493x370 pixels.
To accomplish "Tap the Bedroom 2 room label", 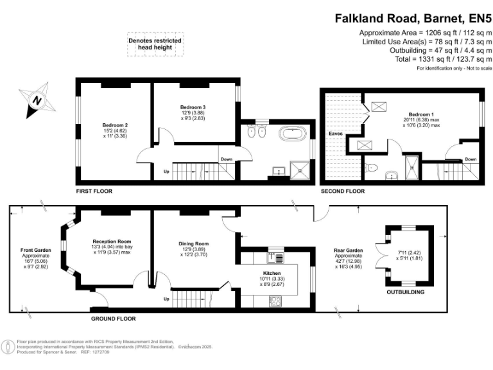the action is (x=116, y=125).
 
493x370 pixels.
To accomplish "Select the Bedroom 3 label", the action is (x=193, y=107).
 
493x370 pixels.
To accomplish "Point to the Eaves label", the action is (x=336, y=134).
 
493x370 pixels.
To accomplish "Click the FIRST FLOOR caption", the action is (x=94, y=191).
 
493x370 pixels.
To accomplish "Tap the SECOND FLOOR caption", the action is (x=343, y=191).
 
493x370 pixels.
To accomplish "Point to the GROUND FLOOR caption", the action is (x=113, y=319).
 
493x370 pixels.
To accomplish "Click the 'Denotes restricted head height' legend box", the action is (x=154, y=44).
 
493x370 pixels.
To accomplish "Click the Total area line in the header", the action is (x=439, y=58).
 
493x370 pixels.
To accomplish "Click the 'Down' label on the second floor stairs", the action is (x=471, y=159).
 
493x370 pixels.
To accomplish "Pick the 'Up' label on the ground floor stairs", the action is (x=167, y=299).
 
